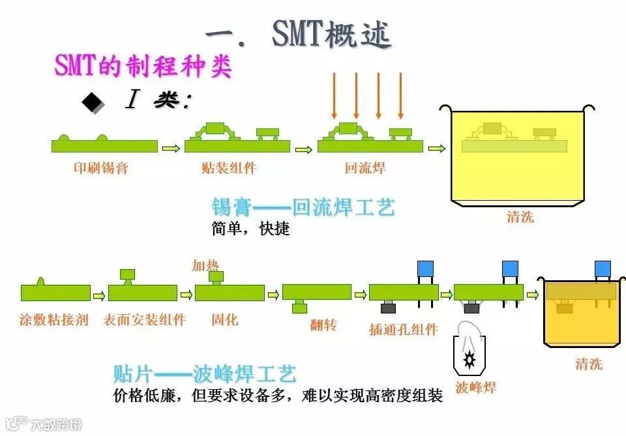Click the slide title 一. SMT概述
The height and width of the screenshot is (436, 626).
[299, 33]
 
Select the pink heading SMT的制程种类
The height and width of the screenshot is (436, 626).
[143, 66]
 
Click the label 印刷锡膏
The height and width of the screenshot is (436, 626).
[100, 168]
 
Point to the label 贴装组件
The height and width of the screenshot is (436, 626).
[229, 168]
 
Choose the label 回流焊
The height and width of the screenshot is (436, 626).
[365, 168]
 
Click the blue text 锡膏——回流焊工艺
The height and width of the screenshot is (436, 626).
[303, 208]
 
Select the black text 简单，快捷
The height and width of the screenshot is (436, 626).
[250, 229]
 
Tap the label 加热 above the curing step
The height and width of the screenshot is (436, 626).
[205, 265]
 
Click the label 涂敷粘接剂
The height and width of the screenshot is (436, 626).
[53, 320]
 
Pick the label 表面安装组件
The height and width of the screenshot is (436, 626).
[144, 320]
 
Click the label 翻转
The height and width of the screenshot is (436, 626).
[323, 324]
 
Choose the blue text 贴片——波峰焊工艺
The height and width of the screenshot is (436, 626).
[205, 374]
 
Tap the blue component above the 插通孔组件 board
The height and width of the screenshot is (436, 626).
[425, 268]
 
